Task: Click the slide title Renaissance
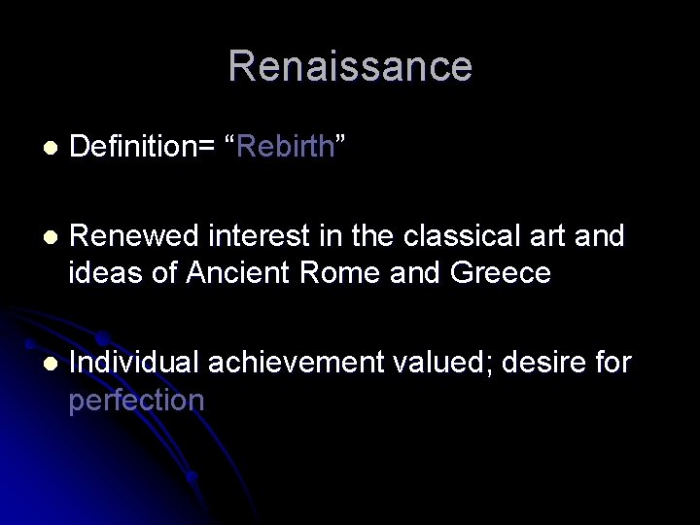(x=350, y=66)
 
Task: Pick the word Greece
(x=502, y=273)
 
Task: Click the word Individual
(x=136, y=363)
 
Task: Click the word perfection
(x=136, y=399)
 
